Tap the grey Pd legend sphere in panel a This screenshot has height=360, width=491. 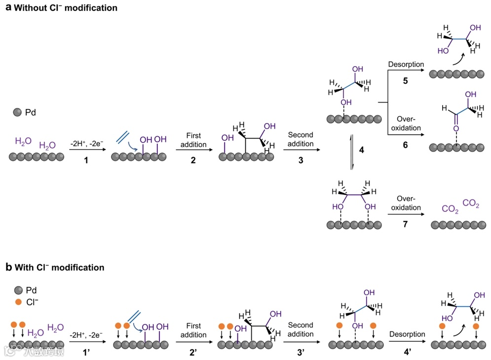17,113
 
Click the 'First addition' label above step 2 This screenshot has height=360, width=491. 193,139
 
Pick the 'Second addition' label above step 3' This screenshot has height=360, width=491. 301,329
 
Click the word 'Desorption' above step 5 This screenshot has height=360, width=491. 406,65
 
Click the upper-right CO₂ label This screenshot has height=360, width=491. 471,203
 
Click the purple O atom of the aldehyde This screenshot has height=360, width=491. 456,128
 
